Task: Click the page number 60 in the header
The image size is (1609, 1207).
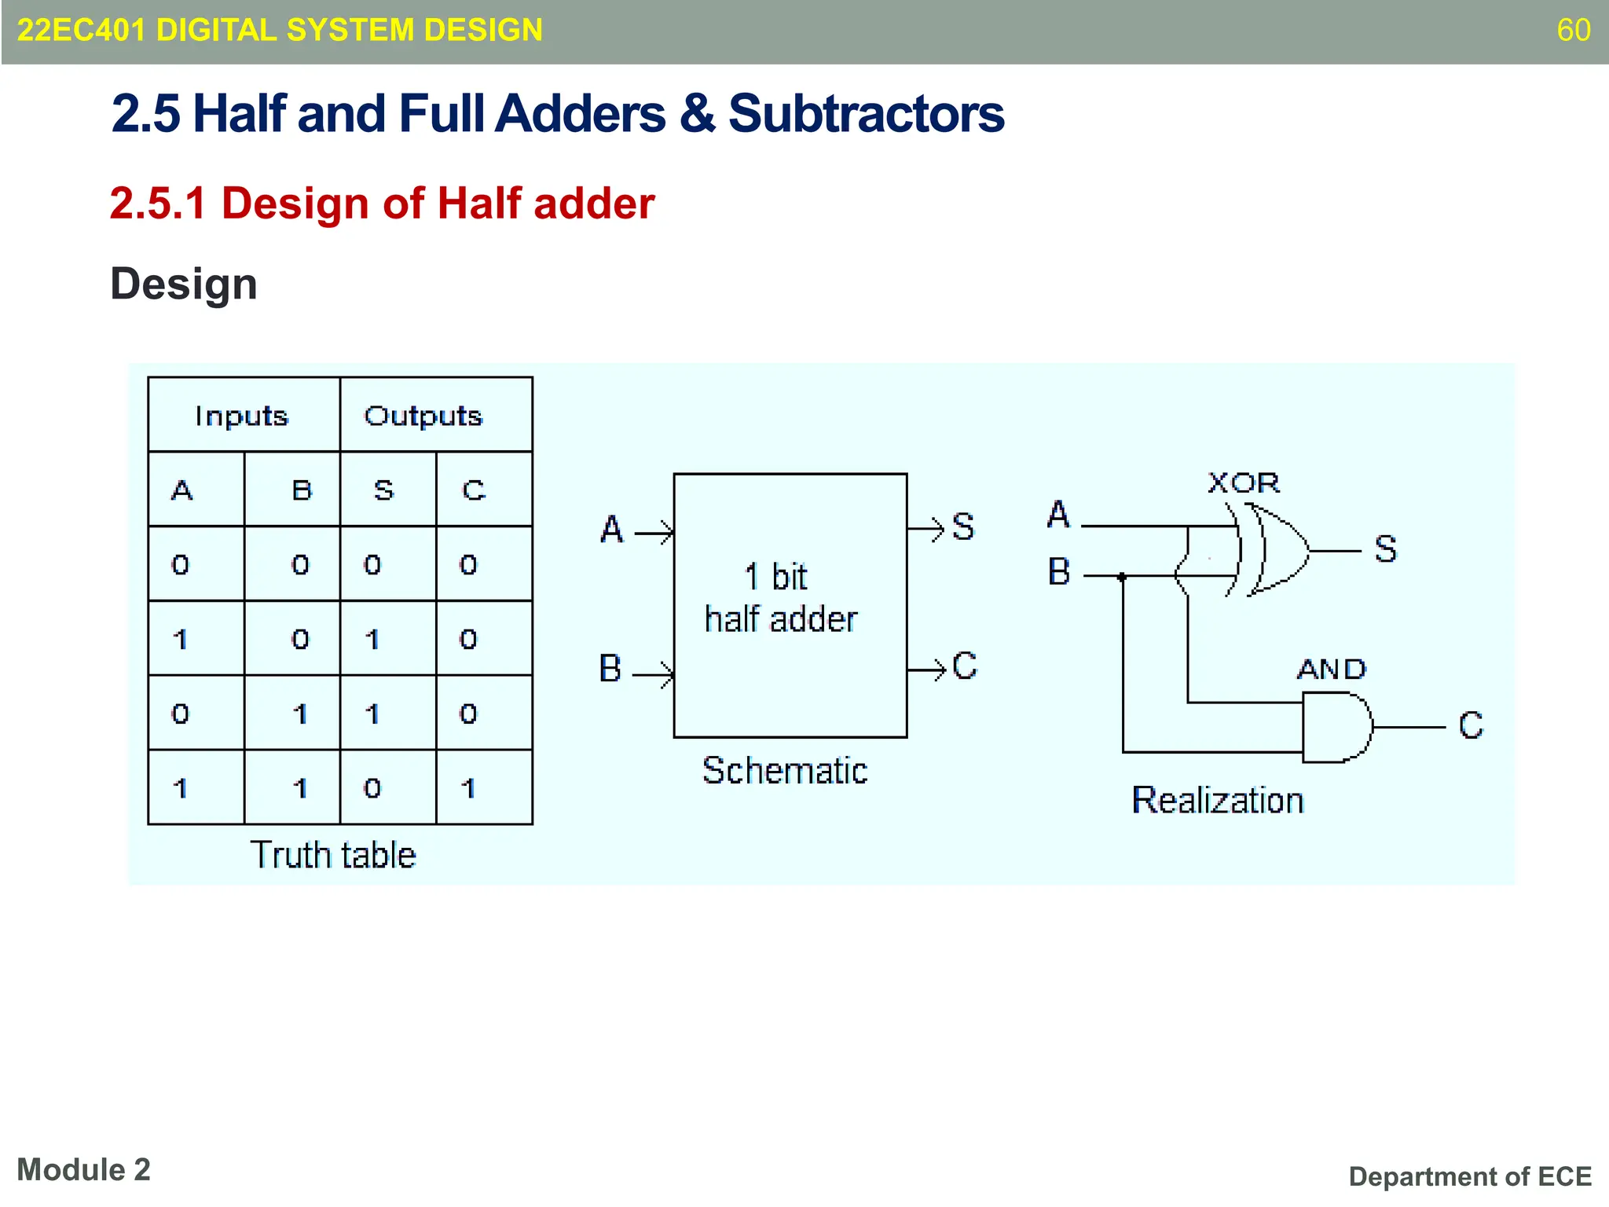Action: [x=1573, y=31]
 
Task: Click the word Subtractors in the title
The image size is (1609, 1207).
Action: [x=866, y=114]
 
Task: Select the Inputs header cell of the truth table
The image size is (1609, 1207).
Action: [x=242, y=416]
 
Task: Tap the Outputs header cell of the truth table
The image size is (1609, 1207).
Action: [x=423, y=416]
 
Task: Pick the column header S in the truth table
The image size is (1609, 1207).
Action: [x=383, y=490]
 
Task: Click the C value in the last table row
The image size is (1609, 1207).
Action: [x=468, y=787]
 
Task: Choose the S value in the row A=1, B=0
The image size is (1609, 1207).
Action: [x=372, y=639]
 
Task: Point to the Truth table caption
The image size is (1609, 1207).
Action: [x=333, y=855]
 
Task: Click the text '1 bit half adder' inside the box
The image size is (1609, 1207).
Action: [x=781, y=598]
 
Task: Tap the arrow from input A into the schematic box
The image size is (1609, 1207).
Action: [x=654, y=534]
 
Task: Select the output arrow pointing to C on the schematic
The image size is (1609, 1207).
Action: [x=927, y=670]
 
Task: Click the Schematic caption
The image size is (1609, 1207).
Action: [x=785, y=771]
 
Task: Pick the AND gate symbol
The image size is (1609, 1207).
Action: [x=1336, y=727]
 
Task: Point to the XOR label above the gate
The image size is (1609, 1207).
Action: [x=1244, y=482]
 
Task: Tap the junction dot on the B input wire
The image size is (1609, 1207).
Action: [x=1123, y=577]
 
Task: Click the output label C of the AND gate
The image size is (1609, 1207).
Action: [x=1470, y=725]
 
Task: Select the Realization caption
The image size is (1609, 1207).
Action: [x=1218, y=801]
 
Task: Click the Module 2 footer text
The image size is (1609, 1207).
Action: [x=84, y=1170]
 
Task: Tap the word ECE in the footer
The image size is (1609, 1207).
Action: [x=1564, y=1176]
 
